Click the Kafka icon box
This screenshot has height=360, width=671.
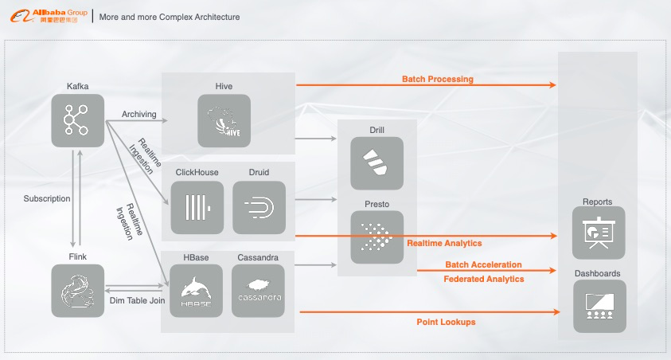coord(78,120)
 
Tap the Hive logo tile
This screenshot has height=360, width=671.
coord(224,121)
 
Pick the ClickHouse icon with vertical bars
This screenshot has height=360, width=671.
coord(197,207)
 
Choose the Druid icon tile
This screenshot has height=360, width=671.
coord(259,207)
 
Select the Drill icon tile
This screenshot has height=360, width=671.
coord(376,163)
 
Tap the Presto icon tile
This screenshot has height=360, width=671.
coord(376,237)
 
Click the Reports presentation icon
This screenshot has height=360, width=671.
coord(599,233)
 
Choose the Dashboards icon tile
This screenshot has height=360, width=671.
coord(599,306)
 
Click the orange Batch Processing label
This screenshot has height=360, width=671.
coord(437,79)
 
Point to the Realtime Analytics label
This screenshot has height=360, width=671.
coord(444,243)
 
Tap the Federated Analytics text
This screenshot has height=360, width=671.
coord(483,279)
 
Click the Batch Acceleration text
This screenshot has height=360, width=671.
coord(483,264)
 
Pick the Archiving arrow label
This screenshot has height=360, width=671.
coord(138,114)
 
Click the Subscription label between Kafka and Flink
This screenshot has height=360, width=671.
coord(47,198)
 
